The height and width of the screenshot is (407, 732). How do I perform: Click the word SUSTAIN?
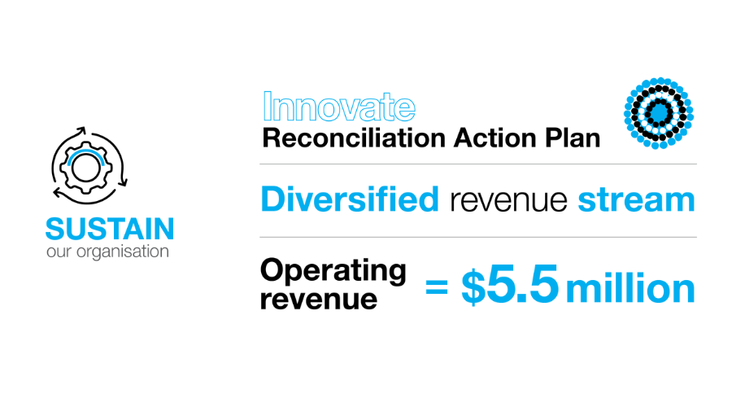click(110, 229)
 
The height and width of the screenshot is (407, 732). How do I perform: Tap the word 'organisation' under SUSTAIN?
click(122, 252)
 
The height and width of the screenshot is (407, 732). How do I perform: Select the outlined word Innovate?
click(339, 107)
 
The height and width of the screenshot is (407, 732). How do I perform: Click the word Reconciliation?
click(354, 138)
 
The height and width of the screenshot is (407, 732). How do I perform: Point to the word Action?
click(495, 138)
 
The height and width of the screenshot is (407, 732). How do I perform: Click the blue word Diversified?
click(350, 199)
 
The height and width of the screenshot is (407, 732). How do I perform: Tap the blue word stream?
click(636, 200)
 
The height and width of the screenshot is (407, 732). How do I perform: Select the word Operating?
click(333, 271)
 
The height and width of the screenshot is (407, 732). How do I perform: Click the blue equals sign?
click(437, 287)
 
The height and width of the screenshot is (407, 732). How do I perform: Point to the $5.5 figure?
click(510, 285)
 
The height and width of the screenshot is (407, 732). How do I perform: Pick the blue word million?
click(630, 288)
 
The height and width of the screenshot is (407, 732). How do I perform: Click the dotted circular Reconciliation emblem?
click(659, 113)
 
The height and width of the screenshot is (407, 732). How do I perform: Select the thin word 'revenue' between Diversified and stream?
click(508, 201)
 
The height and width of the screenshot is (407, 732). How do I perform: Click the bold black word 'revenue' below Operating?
click(318, 300)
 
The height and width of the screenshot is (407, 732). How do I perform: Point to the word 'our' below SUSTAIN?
click(59, 253)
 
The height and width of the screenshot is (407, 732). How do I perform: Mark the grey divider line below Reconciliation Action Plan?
click(478, 164)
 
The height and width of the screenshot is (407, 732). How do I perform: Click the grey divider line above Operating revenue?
click(478, 237)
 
